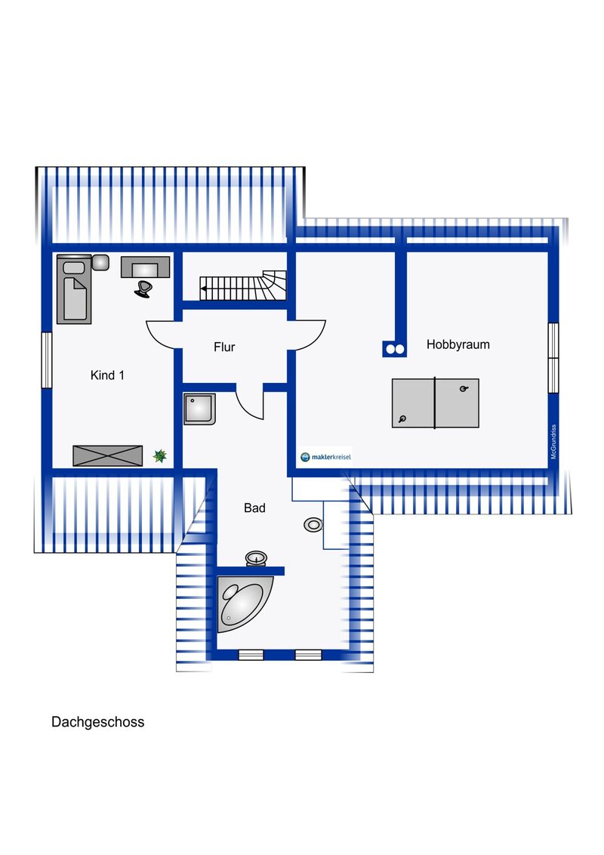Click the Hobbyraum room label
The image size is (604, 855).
click(x=458, y=344)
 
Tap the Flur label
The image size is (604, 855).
click(x=224, y=347)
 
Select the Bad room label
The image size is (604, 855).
click(x=254, y=508)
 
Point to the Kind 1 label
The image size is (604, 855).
click(x=107, y=375)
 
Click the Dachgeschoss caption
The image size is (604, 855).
click(x=97, y=722)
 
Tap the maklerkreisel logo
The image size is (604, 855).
click(x=325, y=457)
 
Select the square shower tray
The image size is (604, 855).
click(x=199, y=409)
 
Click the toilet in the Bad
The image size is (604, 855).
click(x=313, y=525)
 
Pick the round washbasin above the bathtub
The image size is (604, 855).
click(x=256, y=558)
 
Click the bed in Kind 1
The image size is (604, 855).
click(x=74, y=289)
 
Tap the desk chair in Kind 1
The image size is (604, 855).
click(x=143, y=289)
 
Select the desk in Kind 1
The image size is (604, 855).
click(x=145, y=267)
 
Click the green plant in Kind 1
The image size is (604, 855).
click(x=159, y=455)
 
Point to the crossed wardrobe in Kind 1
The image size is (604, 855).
click(x=107, y=456)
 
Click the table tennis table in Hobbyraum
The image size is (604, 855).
click(x=435, y=403)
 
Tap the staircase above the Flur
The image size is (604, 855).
click(x=243, y=286)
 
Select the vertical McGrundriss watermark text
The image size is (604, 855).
click(x=553, y=442)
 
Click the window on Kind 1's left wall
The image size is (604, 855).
click(x=47, y=360)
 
